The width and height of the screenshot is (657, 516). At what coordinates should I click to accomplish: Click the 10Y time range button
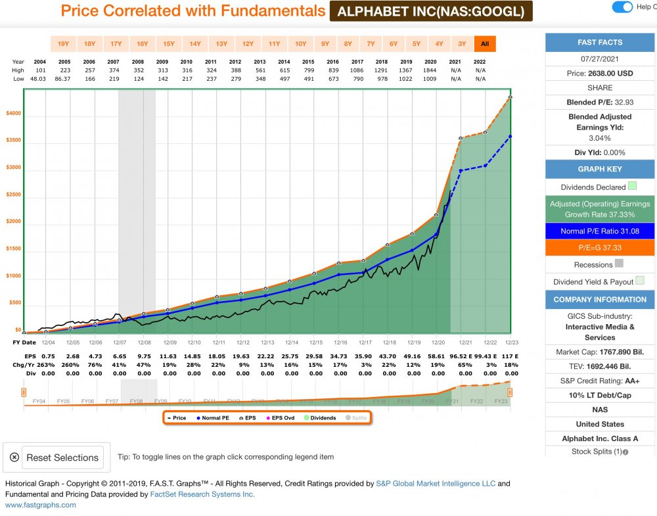pos(300,44)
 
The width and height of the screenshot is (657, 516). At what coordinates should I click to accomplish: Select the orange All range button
pos(485,44)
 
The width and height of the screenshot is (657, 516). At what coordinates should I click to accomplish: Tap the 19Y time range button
pos(63,44)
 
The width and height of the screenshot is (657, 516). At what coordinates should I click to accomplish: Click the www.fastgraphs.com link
pos(41,505)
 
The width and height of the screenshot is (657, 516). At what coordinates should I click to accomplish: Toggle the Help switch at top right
pos(622,7)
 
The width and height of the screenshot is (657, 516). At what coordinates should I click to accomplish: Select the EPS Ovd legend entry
pos(281,417)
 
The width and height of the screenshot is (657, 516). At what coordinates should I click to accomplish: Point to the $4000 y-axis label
pos(13,113)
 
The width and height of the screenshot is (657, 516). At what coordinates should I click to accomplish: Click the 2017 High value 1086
pos(357,70)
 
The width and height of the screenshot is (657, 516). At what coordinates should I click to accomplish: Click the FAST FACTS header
pos(600,42)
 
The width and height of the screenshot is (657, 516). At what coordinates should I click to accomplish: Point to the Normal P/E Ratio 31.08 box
pos(600,231)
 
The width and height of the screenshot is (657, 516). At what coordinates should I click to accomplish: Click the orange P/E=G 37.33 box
pos(600,248)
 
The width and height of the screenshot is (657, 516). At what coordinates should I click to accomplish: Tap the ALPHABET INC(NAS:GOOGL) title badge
pos(430,11)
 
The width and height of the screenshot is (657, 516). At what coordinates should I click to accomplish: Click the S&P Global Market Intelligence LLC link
pos(436,484)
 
